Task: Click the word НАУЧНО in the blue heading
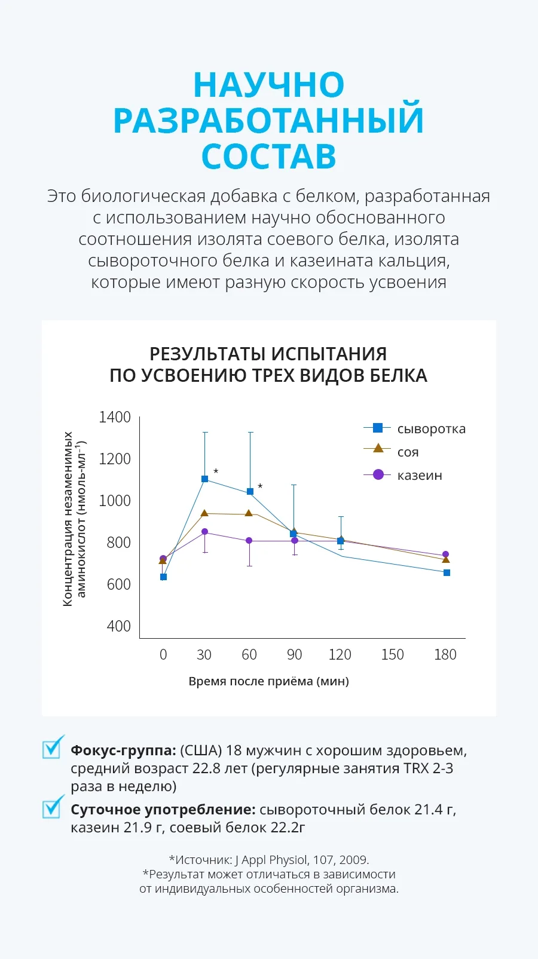point(269,85)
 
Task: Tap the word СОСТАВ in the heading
point(269,157)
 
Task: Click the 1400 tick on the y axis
point(114,417)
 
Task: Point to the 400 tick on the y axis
point(118,626)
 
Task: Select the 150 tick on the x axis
point(392,655)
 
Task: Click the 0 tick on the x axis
point(163,655)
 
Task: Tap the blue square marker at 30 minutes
point(205,479)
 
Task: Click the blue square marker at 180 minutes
point(447,573)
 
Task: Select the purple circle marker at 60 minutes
point(249,541)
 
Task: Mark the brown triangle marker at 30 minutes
point(205,513)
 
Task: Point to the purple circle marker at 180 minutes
point(445,554)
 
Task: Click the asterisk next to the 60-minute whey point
point(260,486)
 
